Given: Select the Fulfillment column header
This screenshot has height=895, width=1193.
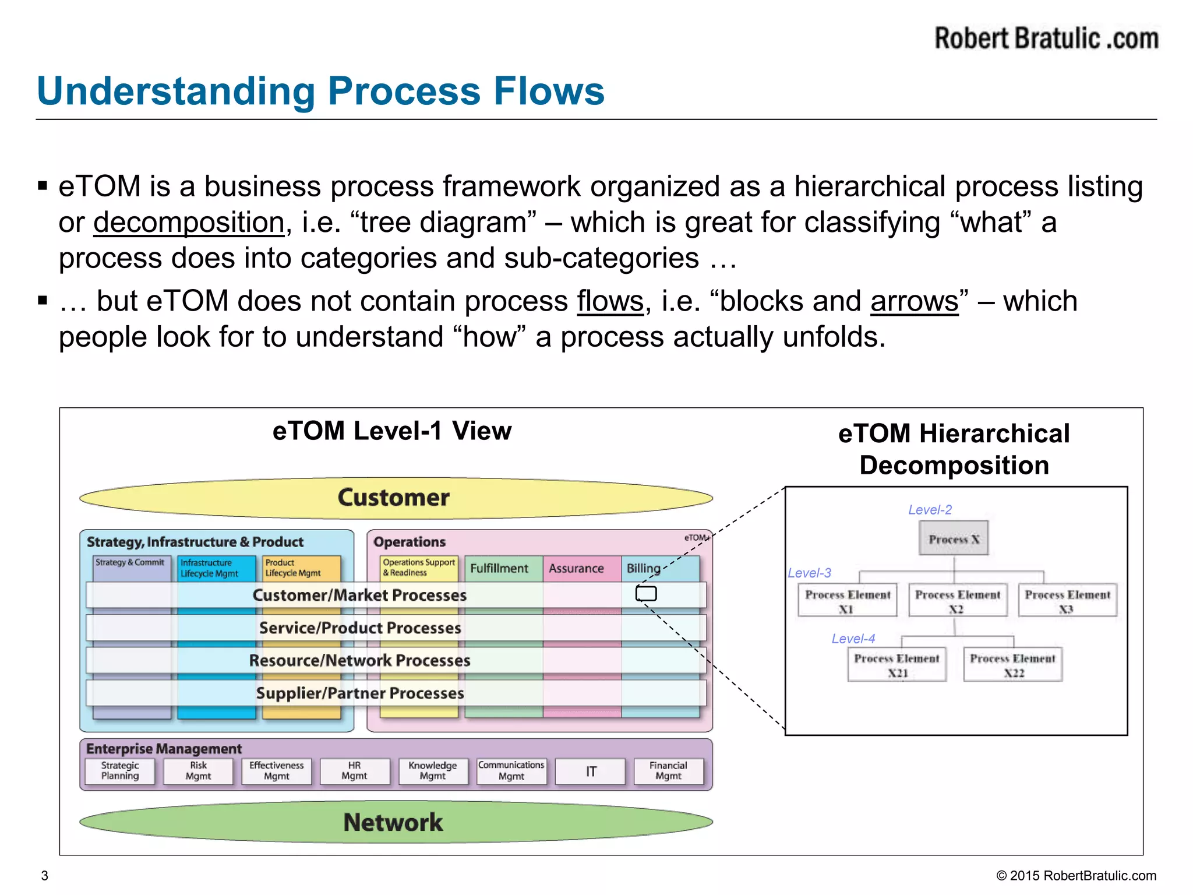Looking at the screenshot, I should point(499,568).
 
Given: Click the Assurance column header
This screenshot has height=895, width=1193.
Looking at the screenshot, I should point(576,568).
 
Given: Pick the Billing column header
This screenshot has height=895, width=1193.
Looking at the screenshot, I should point(644,568).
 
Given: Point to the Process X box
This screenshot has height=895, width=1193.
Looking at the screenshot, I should point(954,538).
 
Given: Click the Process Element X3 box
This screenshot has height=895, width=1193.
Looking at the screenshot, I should point(1067,601).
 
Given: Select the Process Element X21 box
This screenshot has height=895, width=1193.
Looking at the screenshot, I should point(896,665).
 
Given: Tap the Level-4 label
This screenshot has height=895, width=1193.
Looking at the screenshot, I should point(853,639).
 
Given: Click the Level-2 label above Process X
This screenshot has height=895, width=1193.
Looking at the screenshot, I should point(930,510).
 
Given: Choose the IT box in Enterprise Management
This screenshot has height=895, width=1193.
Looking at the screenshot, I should point(591,771).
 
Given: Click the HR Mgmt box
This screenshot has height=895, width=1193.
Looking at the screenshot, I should point(354,771).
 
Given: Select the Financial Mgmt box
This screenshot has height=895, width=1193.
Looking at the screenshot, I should point(668,771).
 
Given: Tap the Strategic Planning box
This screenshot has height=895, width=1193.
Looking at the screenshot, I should point(120,771).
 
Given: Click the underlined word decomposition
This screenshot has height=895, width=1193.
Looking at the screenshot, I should point(189,223).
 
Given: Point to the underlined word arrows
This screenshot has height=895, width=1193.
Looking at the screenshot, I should point(914,301).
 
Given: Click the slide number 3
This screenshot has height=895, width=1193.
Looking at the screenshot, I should point(45,876).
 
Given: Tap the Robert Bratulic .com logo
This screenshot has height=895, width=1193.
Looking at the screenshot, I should point(1046,39).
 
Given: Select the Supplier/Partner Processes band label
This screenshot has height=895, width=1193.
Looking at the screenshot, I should point(360,693).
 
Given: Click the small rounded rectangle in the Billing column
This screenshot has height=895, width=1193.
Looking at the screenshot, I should point(645,594).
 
